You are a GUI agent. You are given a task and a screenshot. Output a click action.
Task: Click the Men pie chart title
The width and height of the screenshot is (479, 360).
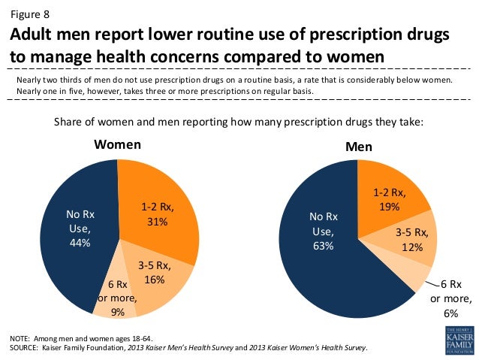pos(358,147)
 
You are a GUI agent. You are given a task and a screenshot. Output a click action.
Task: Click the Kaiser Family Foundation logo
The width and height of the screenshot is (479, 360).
pos(459,340)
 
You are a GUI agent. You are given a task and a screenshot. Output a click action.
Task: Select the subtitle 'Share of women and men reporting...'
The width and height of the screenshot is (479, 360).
pos(239,121)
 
